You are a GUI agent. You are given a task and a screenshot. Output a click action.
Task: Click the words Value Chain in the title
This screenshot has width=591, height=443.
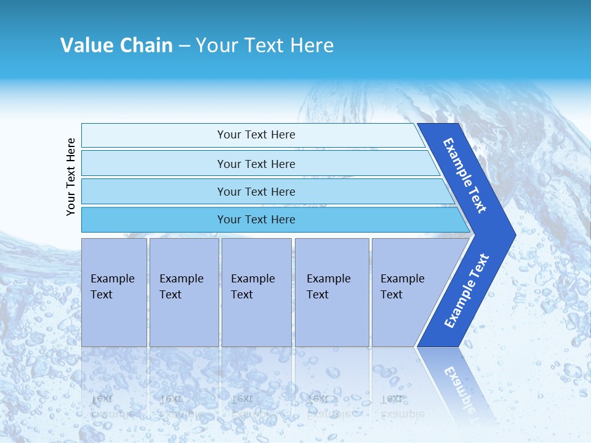pyautogui.click(x=116, y=46)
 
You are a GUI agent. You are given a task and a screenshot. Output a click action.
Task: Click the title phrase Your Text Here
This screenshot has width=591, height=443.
pyautogui.click(x=265, y=46)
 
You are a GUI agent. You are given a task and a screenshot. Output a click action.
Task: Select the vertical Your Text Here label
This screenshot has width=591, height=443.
pyautogui.click(x=71, y=177)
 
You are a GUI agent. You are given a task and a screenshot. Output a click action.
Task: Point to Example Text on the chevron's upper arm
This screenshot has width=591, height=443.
pyautogui.click(x=465, y=175)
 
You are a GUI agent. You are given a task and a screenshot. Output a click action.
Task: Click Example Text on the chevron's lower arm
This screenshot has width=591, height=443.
pyautogui.click(x=466, y=291)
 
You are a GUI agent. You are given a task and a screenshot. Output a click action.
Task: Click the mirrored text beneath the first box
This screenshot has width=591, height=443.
pyautogui.click(x=103, y=405)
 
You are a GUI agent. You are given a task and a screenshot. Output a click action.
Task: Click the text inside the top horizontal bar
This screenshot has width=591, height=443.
pyautogui.click(x=256, y=135)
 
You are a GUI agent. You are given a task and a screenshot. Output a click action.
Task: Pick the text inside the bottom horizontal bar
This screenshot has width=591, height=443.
pyautogui.click(x=256, y=220)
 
